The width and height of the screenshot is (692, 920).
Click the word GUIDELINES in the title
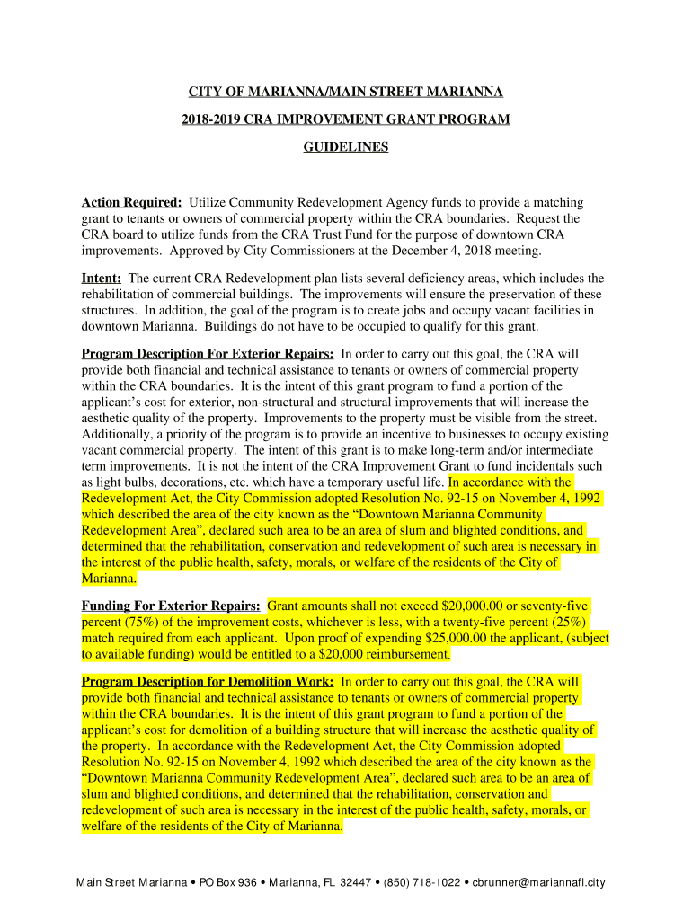(346, 146)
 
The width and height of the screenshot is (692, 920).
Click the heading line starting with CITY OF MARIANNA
(346, 93)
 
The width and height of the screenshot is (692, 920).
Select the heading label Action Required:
(132, 203)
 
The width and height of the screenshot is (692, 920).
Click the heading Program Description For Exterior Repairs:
(208, 354)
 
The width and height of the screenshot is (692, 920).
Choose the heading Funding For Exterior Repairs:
(171, 606)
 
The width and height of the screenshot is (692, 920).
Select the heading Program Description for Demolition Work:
(208, 682)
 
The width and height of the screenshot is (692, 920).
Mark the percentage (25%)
(567, 623)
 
